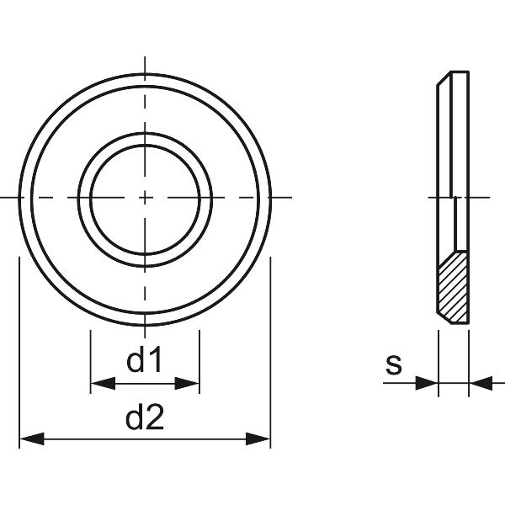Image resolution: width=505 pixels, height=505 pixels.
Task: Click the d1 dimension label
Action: pos(144,362)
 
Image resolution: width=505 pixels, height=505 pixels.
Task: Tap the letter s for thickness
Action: pos(393,365)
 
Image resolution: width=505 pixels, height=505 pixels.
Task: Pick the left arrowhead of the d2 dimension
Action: pos(30,439)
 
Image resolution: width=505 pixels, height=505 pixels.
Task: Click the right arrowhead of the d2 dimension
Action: pos(258,439)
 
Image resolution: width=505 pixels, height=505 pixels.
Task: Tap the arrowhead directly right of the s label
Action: pos(428,384)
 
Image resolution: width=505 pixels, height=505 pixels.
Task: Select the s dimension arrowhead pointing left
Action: pos(480,384)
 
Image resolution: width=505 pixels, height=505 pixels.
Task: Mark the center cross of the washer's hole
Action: pos(145,197)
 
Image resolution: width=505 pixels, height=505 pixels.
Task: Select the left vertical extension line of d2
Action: pos(19,353)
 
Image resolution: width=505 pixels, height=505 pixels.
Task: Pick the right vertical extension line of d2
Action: pos(270,353)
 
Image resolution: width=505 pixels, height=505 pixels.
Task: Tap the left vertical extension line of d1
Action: pos(90,358)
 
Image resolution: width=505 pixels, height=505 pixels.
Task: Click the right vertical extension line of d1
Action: pos(199,358)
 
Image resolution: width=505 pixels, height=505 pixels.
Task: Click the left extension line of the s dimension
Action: pos(439,358)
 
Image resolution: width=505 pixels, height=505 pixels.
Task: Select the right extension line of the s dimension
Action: pos(469,358)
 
